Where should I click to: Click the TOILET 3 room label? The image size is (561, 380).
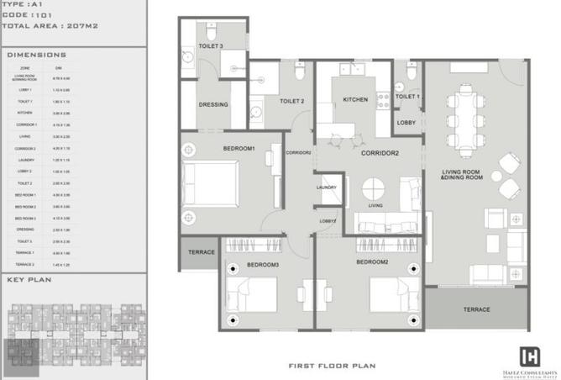(210, 45)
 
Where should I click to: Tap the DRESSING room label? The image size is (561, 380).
(214, 105)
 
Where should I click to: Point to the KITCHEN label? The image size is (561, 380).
(355, 100)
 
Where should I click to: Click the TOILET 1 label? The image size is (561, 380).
(407, 97)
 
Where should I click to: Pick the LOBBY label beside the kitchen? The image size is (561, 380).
(406, 123)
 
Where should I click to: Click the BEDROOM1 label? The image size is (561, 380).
(239, 149)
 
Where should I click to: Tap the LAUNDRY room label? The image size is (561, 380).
(327, 187)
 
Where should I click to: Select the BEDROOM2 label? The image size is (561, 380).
(371, 262)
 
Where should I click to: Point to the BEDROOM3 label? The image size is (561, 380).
(263, 265)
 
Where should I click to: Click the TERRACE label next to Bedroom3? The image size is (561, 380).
(201, 252)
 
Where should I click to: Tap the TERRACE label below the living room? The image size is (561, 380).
(476, 309)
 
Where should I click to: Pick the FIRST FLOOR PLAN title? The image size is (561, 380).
(330, 366)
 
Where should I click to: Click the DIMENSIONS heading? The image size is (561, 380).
(36, 55)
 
